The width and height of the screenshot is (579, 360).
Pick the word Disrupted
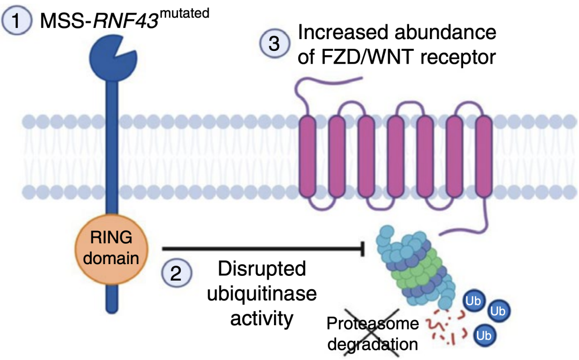click(261, 268)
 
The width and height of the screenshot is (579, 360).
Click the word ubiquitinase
click(262, 293)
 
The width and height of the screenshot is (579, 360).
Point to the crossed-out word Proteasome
click(366, 323)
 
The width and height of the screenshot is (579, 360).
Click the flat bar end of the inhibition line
click(366, 249)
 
